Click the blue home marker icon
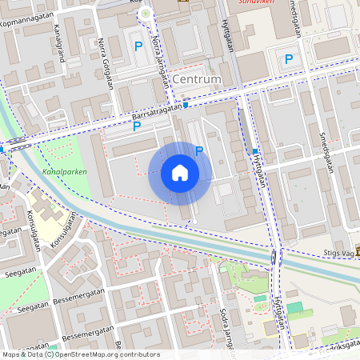[180, 174]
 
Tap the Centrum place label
[196, 80]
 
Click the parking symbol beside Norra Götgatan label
[138, 47]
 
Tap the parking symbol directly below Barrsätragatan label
[137, 126]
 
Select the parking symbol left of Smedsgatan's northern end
[289, 58]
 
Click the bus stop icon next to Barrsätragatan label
[186, 105]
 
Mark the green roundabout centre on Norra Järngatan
[145, 14]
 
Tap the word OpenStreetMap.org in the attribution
[100, 354]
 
